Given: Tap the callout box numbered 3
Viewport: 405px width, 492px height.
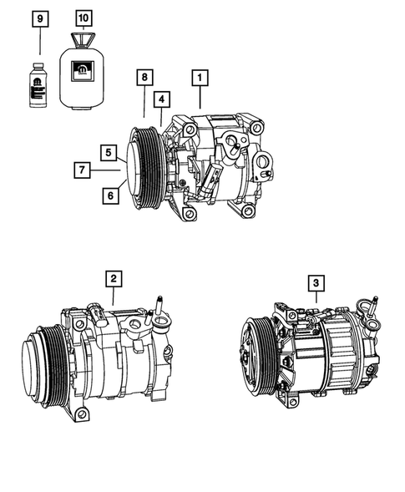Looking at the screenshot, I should click(x=315, y=284).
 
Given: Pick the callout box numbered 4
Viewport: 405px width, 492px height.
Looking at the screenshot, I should click(x=161, y=99).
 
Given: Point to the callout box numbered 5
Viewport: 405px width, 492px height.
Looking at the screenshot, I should click(x=109, y=152).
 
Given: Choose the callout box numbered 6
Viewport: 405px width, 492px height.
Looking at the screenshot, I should click(x=109, y=195).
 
